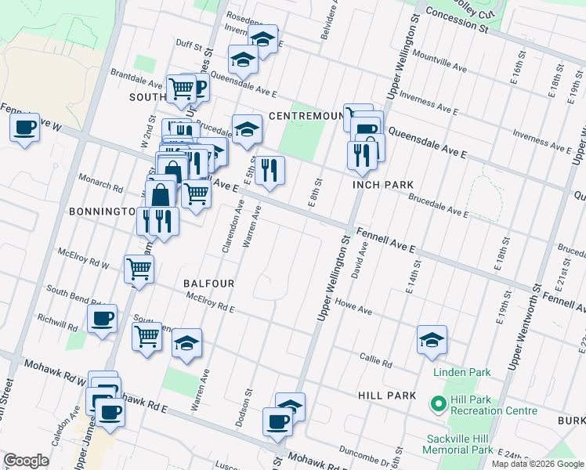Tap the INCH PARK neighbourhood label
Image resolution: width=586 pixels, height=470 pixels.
point(382,185)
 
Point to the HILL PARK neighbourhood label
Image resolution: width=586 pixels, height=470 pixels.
point(387,396)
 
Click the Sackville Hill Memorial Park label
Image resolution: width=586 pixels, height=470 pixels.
point(458,444)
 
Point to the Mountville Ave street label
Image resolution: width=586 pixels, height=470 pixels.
point(439,63)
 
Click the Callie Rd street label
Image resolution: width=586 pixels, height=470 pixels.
point(377,362)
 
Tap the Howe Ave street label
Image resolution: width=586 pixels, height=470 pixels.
point(353,305)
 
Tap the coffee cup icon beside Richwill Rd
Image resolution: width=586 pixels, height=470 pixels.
point(102,318)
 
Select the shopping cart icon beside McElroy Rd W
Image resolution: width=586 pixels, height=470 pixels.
point(139,269)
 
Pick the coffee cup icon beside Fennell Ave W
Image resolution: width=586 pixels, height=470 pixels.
point(25,127)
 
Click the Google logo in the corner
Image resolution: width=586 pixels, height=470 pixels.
point(25,461)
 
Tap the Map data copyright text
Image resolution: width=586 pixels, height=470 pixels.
point(537,464)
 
